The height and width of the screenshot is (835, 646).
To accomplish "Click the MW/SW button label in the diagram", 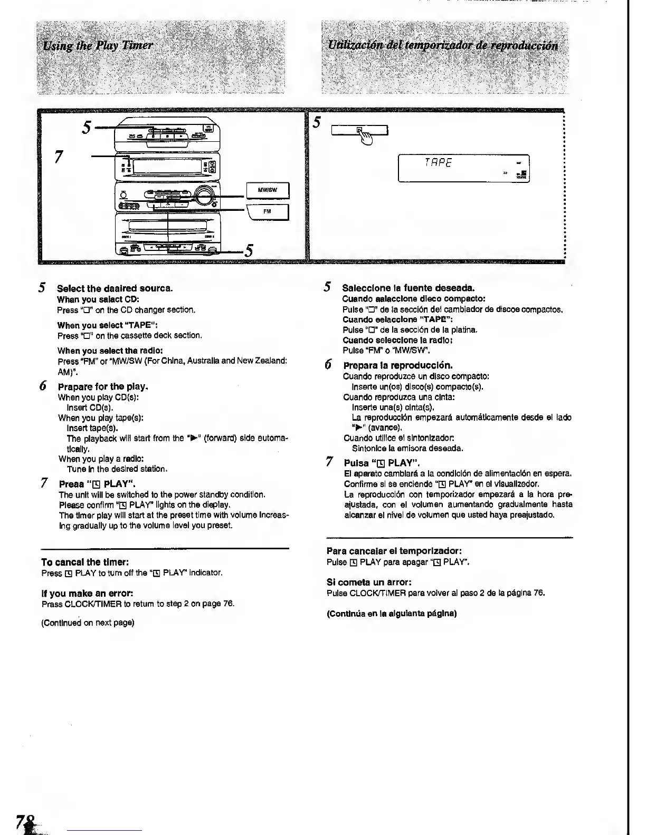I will coord(267,190).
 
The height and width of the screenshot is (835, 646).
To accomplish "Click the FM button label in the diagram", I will coord(267,211).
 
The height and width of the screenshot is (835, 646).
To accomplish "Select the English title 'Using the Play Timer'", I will coord(98,45).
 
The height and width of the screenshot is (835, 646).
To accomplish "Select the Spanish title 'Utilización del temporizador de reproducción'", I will coord(443,45).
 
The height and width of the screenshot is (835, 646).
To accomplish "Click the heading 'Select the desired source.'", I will coord(115,288).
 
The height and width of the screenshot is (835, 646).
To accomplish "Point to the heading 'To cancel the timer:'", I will coord(85,562).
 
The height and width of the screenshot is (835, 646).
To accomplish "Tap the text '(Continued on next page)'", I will coord(88,623).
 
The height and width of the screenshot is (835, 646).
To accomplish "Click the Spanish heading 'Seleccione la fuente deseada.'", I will coord(408,288).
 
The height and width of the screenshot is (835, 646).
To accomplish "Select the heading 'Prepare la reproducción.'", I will coord(398,365).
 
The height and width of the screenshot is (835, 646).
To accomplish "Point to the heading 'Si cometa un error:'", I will coord(369,582).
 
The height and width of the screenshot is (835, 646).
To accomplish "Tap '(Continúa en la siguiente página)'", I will coord(392,613).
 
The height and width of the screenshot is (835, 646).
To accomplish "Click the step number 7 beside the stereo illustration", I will coord(59,157).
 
